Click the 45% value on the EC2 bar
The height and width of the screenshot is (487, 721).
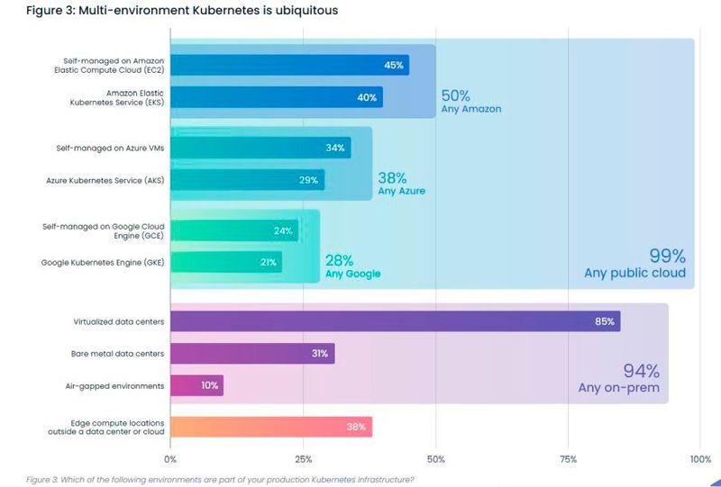pyautogui.click(x=394, y=65)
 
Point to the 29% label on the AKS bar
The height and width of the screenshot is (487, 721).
pyautogui.click(x=308, y=180)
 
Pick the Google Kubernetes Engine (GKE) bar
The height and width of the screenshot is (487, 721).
pyautogui.click(x=225, y=262)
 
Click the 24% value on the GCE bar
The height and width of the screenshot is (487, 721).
pyautogui.click(x=283, y=230)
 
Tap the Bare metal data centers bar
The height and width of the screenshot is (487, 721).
pyautogui.click(x=251, y=354)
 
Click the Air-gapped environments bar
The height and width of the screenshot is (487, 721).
pyautogui.click(x=196, y=385)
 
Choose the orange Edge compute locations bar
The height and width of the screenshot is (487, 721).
pyautogui.click(x=270, y=427)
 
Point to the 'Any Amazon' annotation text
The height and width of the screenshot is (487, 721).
pyautogui.click(x=470, y=109)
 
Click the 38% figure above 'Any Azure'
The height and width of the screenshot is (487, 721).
pyautogui.click(x=393, y=177)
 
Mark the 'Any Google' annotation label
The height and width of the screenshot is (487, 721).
pyautogui.click(x=352, y=274)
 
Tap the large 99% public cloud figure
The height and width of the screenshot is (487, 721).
pyautogui.click(x=667, y=255)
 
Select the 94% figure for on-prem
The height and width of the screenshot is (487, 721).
pyautogui.click(x=642, y=371)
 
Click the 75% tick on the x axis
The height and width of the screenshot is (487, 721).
pyautogui.click(x=568, y=459)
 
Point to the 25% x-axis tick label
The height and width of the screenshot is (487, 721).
pyautogui.click(x=303, y=459)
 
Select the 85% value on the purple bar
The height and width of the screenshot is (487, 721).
pyautogui.click(x=604, y=321)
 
